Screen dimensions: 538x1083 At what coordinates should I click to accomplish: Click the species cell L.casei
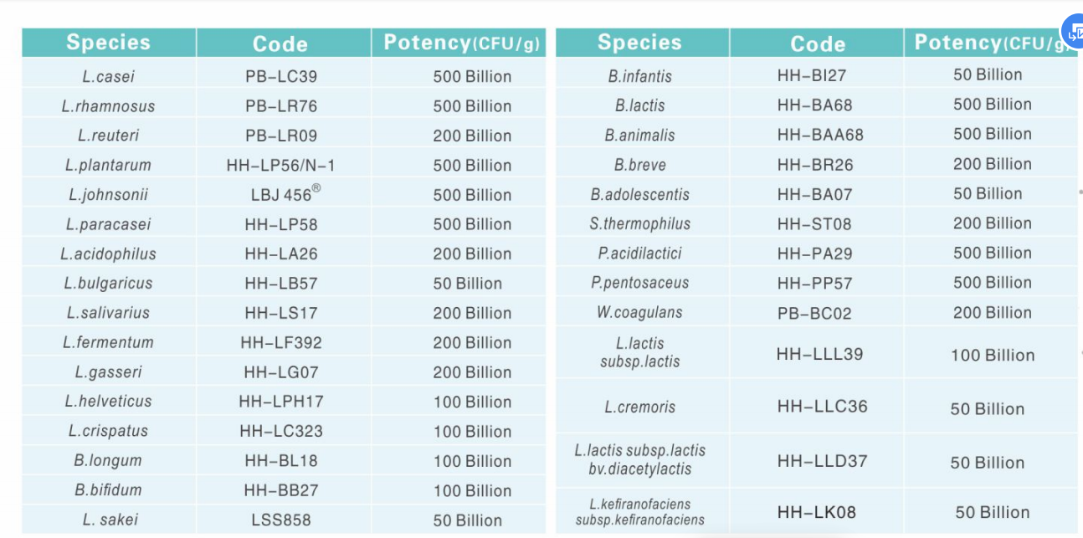click(108, 76)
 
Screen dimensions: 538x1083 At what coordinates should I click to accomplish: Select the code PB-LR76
click(281, 106)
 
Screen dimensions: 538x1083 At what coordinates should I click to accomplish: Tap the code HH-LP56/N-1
click(280, 165)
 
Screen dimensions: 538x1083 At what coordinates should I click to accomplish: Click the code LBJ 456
click(281, 195)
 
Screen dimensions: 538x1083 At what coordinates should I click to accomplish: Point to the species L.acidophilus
click(108, 254)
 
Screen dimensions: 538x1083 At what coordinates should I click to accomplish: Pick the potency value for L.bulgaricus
click(467, 284)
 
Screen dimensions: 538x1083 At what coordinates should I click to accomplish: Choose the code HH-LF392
click(281, 342)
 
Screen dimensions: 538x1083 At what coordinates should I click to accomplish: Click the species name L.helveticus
click(108, 402)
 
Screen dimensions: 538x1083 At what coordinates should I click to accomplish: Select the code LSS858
click(281, 520)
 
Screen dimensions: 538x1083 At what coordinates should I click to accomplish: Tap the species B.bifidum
click(108, 490)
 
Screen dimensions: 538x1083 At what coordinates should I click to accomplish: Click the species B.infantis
click(639, 75)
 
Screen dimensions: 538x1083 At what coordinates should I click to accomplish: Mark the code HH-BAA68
click(819, 135)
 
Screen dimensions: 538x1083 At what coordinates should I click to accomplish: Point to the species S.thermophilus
click(639, 223)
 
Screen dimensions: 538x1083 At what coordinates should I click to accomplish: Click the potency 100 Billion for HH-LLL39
click(992, 355)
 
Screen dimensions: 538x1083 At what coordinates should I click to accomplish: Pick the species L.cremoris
click(639, 407)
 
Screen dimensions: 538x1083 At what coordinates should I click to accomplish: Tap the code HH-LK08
click(816, 512)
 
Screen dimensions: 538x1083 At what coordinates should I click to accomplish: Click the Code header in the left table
click(280, 44)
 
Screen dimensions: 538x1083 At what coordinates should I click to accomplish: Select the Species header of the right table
click(639, 43)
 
